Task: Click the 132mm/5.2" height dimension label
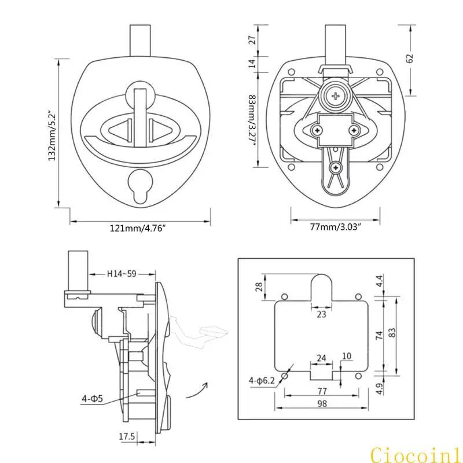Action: point(52,135)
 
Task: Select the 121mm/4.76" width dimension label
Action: point(138,229)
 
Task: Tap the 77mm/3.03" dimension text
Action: point(336,227)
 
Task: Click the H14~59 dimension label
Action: point(122,274)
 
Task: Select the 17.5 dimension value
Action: point(127,436)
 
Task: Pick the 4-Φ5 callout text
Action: point(93,399)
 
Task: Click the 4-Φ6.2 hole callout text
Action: point(262,381)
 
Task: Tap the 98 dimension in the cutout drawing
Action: point(322,403)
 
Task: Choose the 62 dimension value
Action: point(410,58)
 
